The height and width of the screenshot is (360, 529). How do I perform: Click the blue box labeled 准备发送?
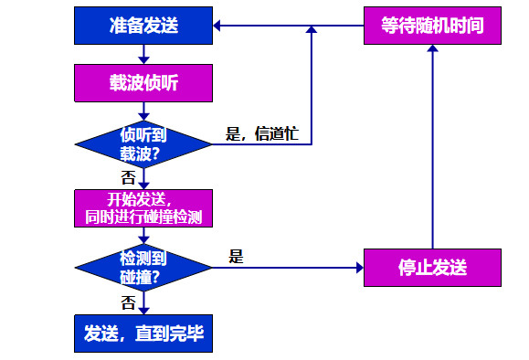(143, 26)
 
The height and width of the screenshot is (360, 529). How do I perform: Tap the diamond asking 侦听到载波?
(143, 144)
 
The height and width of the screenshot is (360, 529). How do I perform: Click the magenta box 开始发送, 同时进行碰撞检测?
(143, 208)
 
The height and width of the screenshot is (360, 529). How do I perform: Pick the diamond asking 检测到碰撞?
(143, 267)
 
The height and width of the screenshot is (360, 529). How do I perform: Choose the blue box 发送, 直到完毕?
(143, 334)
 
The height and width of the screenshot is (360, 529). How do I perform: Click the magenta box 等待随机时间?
(432, 26)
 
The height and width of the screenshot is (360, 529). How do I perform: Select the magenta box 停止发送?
(432, 267)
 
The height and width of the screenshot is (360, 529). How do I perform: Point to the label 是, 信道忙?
(261, 134)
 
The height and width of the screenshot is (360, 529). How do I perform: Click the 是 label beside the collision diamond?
(237, 257)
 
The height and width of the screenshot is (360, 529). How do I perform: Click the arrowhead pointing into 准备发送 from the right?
(218, 26)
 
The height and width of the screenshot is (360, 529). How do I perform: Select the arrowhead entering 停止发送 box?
(358, 268)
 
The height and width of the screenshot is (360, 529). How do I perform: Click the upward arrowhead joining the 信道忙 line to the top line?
(312, 32)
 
